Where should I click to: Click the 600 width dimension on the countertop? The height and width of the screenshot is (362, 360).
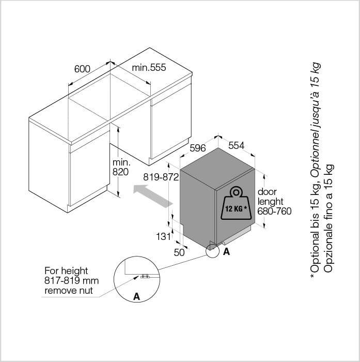(82, 69)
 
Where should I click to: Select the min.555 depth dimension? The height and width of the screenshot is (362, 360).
(149, 67)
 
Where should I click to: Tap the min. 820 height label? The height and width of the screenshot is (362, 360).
(121, 167)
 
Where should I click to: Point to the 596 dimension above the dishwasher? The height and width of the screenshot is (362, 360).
(197, 148)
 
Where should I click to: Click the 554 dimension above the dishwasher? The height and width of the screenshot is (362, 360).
(236, 145)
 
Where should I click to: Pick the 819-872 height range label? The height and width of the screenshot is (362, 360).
(161, 177)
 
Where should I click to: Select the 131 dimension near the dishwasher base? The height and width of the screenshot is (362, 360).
(164, 236)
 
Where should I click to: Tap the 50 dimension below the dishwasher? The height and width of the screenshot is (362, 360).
(179, 252)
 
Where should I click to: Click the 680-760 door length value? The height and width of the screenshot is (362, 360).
(274, 211)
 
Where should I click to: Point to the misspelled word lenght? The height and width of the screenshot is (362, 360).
(270, 201)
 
